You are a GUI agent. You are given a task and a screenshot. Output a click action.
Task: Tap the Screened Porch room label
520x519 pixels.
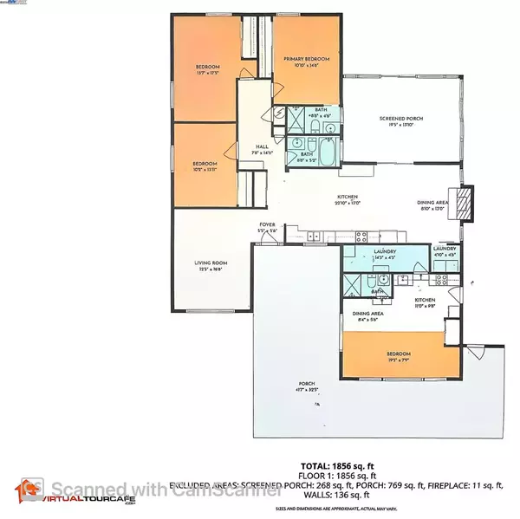(x=400, y=119)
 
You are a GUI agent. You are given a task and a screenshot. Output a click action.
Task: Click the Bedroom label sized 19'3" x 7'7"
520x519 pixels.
(x=399, y=354)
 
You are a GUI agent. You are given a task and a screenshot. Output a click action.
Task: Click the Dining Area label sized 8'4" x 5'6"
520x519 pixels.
(x=367, y=314)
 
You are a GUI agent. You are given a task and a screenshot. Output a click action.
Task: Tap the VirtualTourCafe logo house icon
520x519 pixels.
(x=29, y=490)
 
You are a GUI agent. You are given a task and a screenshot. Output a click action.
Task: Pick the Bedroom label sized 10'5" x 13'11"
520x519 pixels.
(x=205, y=164)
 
